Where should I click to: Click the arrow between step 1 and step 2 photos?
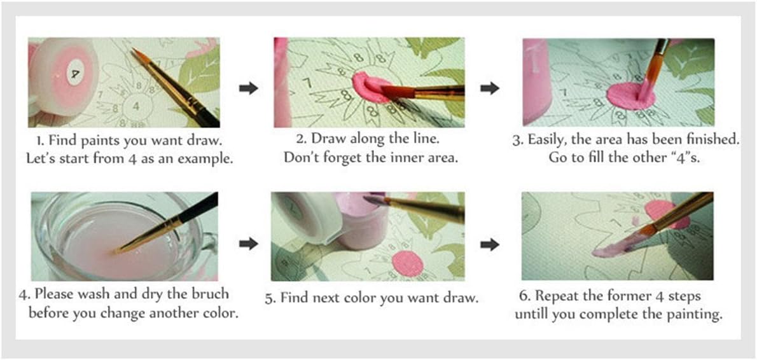[x=249, y=88]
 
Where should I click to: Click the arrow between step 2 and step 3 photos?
[x=490, y=88]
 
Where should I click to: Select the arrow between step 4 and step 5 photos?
[x=249, y=244]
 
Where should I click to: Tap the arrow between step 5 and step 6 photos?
[x=490, y=244]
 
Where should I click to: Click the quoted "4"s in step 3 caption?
[x=682, y=158]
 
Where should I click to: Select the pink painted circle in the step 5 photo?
[x=407, y=263]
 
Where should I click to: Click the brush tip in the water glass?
[x=117, y=251]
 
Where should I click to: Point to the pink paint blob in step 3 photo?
[x=630, y=95]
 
